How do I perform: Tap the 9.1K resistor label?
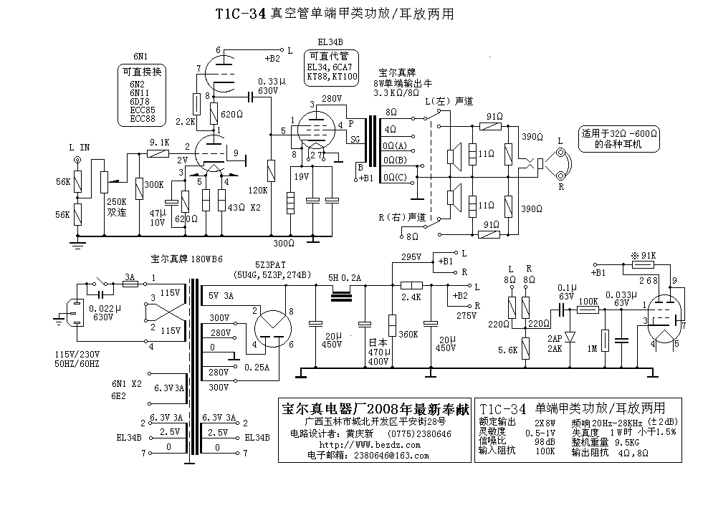tap(158, 143)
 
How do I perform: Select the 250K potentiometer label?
tap(116, 203)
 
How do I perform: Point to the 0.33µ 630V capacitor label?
tap(267, 87)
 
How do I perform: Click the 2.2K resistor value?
tap(186, 121)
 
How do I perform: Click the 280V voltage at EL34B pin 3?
tap(332, 98)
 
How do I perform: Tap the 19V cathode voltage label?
tap(301, 176)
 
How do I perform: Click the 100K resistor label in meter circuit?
tap(588, 300)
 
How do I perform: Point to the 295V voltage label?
tap(411, 257)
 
